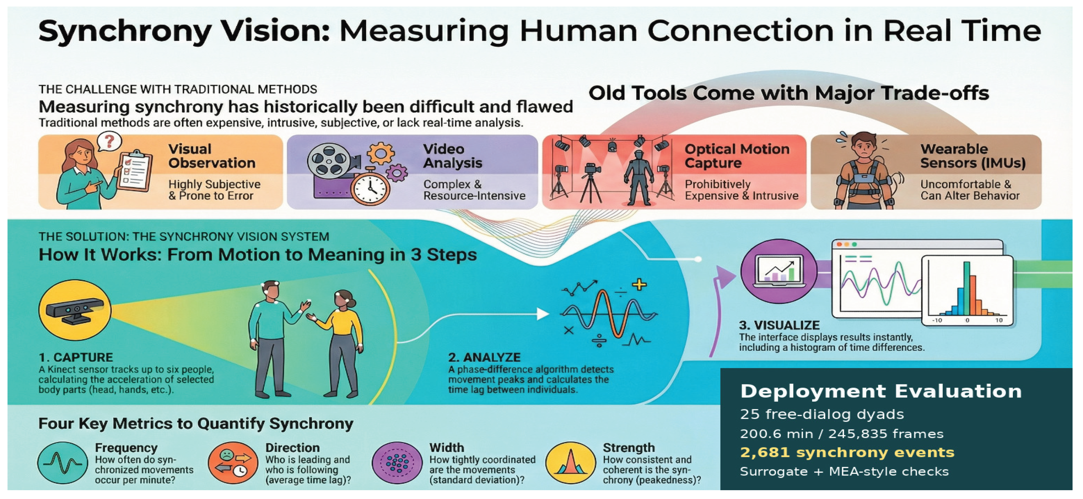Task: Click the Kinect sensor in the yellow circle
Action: pyautogui.click(x=75, y=311)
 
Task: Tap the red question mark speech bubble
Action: pyautogui.click(x=109, y=142)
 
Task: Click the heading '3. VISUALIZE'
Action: pyautogui.click(x=779, y=325)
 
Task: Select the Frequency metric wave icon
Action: pyautogui.click(x=63, y=462)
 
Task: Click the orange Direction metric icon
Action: pyautogui.click(x=233, y=462)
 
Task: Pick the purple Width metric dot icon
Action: pyautogui.click(x=397, y=462)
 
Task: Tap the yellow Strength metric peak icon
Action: pyautogui.click(x=570, y=462)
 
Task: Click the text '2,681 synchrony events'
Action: pyautogui.click(x=847, y=452)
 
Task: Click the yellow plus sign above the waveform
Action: pyautogui.click(x=639, y=285)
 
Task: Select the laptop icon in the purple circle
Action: pyautogui.click(x=779, y=271)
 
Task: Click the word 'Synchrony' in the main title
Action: pyautogui.click(x=124, y=32)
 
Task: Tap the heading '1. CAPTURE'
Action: pyautogui.click(x=76, y=357)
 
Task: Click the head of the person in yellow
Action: pyautogui.click(x=344, y=299)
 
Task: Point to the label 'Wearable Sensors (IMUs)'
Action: pyautogui.click(x=973, y=156)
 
